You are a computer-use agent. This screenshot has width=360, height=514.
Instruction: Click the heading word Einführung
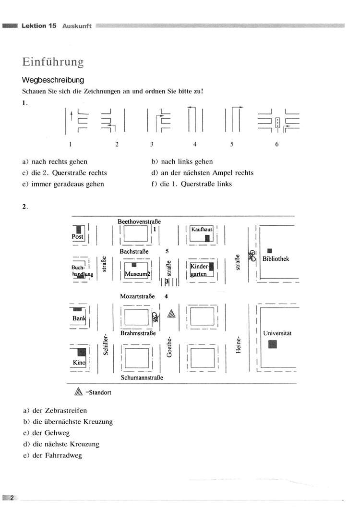[x=53, y=62]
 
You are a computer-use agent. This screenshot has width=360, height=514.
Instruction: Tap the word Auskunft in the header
[x=77, y=26]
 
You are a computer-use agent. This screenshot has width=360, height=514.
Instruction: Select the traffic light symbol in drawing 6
[x=278, y=122]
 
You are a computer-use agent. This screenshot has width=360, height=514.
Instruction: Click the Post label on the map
[x=78, y=236]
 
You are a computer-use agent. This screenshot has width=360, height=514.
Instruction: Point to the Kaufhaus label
[x=202, y=230]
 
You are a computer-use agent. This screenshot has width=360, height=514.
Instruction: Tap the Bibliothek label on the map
[x=276, y=258]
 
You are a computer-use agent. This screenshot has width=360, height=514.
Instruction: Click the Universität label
[x=277, y=333]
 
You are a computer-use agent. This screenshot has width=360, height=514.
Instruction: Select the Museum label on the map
[x=136, y=274]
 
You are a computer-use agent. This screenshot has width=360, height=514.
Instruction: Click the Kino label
[x=79, y=363]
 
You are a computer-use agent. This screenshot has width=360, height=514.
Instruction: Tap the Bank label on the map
[x=79, y=318]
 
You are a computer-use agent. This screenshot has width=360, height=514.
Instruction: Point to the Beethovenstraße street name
[x=139, y=221]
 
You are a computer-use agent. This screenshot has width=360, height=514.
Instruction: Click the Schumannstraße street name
[x=142, y=378]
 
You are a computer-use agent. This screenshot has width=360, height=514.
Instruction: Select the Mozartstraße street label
[x=137, y=296]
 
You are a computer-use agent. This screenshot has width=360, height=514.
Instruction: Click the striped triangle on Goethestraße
[x=171, y=314]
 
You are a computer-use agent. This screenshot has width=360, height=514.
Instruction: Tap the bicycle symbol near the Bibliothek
[x=252, y=256]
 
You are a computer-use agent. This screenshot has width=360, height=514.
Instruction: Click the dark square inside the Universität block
[x=273, y=344]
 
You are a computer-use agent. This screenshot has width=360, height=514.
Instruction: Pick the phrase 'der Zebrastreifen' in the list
[x=60, y=410]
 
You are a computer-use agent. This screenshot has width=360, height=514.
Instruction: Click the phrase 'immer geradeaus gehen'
[x=68, y=184]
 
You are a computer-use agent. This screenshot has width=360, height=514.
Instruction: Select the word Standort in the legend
[x=100, y=392]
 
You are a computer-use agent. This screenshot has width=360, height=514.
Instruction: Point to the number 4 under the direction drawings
[x=195, y=144]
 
